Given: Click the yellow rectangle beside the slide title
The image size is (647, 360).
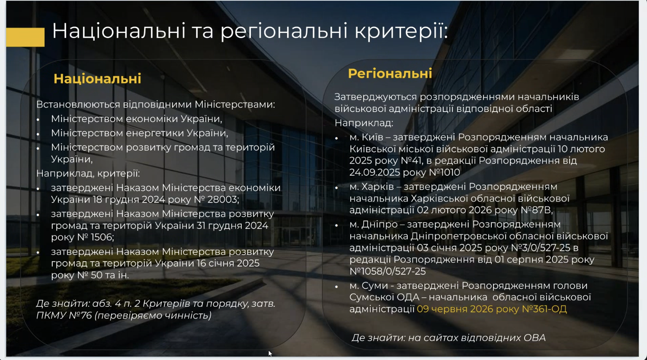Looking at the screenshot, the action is click(25, 37).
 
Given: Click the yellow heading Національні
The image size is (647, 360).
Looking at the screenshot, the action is click(97, 79).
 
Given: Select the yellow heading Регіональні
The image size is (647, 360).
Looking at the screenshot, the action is click(390, 74).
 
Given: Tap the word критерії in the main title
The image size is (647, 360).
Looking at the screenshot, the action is click(401, 31).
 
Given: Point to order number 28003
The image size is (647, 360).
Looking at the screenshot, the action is click(223, 199).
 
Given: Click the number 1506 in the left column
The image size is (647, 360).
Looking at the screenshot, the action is click(102, 237).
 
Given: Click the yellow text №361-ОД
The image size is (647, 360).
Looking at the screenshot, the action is click(544, 309).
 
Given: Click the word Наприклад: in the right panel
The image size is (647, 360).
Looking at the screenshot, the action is click(364, 123).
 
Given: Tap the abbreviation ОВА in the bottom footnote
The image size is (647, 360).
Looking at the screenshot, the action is click(535, 337).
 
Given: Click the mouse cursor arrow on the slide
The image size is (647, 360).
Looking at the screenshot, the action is click(270, 354).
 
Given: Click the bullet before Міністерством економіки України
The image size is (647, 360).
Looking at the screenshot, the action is click(38, 119).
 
